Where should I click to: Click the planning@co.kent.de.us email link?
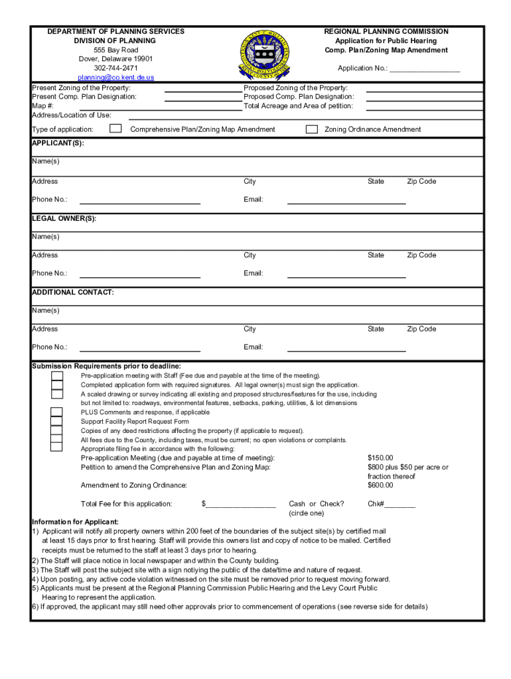coord(116,78)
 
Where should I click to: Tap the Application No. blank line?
coord(425,69)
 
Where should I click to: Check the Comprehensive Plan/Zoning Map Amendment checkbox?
coord(115,129)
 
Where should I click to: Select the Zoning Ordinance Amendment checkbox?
coord(311,129)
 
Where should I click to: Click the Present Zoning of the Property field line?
coord(202,89)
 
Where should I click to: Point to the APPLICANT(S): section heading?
coord(58,143)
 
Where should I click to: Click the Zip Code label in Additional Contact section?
coord(421,329)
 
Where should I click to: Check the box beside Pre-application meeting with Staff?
coord(58,376)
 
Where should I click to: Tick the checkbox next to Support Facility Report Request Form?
coord(58,422)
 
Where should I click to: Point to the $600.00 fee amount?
coord(380,485)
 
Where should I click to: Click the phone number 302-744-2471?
coord(116,68)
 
